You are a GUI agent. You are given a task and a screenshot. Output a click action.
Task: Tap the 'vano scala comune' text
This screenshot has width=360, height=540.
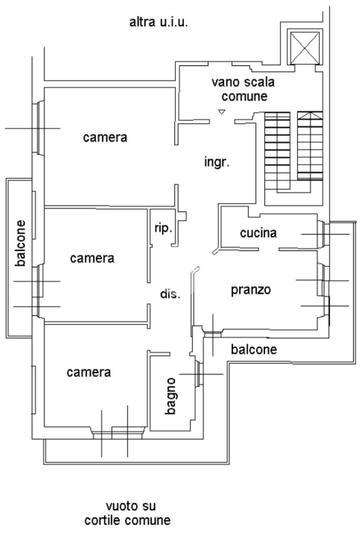[x=244, y=89]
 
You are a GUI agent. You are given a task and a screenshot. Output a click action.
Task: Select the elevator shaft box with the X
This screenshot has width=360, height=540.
[x=304, y=47]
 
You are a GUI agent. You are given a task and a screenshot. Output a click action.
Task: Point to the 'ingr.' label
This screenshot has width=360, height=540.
[x=217, y=162]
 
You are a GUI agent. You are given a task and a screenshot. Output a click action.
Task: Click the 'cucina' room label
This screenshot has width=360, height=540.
[x=259, y=233]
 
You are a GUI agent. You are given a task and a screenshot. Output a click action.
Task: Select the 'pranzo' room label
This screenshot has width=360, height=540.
[x=251, y=290]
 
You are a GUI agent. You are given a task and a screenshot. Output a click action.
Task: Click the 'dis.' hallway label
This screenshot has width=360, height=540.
[x=170, y=294]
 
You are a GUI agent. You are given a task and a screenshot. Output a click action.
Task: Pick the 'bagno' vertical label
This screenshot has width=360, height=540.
[x=170, y=395]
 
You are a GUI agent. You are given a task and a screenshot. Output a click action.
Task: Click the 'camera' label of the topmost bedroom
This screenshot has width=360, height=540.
[x=105, y=138]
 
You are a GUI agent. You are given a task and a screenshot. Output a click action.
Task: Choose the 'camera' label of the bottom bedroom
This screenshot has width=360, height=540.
[x=89, y=372]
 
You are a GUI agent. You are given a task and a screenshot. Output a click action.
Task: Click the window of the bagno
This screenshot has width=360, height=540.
[x=198, y=374]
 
